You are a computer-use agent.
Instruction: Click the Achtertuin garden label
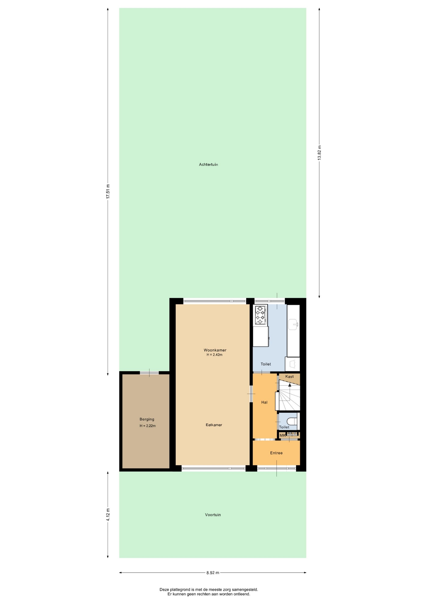point(208,165)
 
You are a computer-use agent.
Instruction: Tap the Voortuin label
point(213,515)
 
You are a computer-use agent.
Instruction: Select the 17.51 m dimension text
point(108,191)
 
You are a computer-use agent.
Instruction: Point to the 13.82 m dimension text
point(319,153)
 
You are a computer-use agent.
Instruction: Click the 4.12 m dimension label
point(108,515)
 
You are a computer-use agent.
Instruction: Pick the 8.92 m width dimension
point(213,573)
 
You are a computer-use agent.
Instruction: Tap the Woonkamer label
point(215,350)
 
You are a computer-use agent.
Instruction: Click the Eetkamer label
point(214,425)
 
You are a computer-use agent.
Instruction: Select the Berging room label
point(147,419)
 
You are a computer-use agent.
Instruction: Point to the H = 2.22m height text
point(148,426)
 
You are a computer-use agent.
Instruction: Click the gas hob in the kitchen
point(261,315)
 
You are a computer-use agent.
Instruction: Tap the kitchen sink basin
point(293,324)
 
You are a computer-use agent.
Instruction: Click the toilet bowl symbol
point(292,421)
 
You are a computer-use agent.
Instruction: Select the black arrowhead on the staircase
point(290,385)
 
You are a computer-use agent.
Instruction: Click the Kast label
point(290,377)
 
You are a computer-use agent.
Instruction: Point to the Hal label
point(264,402)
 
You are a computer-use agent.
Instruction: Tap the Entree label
point(276,453)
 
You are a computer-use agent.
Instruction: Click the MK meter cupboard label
point(282,435)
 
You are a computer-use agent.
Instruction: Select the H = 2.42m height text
point(214,355)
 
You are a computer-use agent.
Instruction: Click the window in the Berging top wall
point(149,373)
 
